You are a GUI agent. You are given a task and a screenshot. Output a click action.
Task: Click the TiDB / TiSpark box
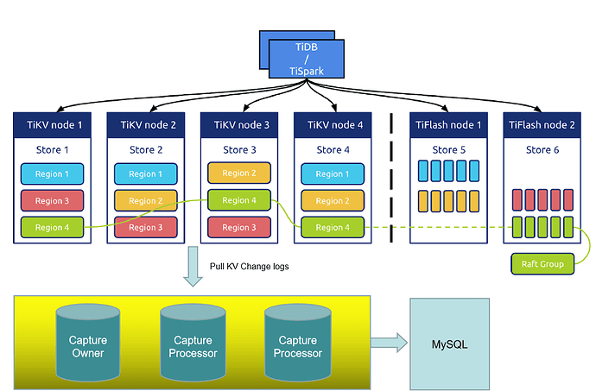tap(306, 60)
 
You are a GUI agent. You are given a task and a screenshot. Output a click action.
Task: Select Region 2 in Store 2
tap(146, 201)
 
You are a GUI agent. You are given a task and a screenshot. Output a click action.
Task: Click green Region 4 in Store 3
tap(239, 200)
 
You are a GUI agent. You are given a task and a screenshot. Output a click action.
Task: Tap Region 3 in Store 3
tap(239, 227)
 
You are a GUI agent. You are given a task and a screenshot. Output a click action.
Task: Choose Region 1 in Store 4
tap(329, 174)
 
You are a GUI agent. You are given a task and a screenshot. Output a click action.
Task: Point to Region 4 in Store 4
tap(329, 227)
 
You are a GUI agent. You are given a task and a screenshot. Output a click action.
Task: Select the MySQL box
tap(449, 344)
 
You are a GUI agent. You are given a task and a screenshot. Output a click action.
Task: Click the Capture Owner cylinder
tap(87, 344)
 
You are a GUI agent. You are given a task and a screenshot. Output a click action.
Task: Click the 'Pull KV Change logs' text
tap(250, 267)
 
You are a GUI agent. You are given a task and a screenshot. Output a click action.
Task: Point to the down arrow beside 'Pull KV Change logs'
tap(192, 267)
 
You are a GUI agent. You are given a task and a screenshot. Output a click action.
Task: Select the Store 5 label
tap(449, 149)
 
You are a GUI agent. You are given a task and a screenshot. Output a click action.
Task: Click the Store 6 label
tap(542, 149)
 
